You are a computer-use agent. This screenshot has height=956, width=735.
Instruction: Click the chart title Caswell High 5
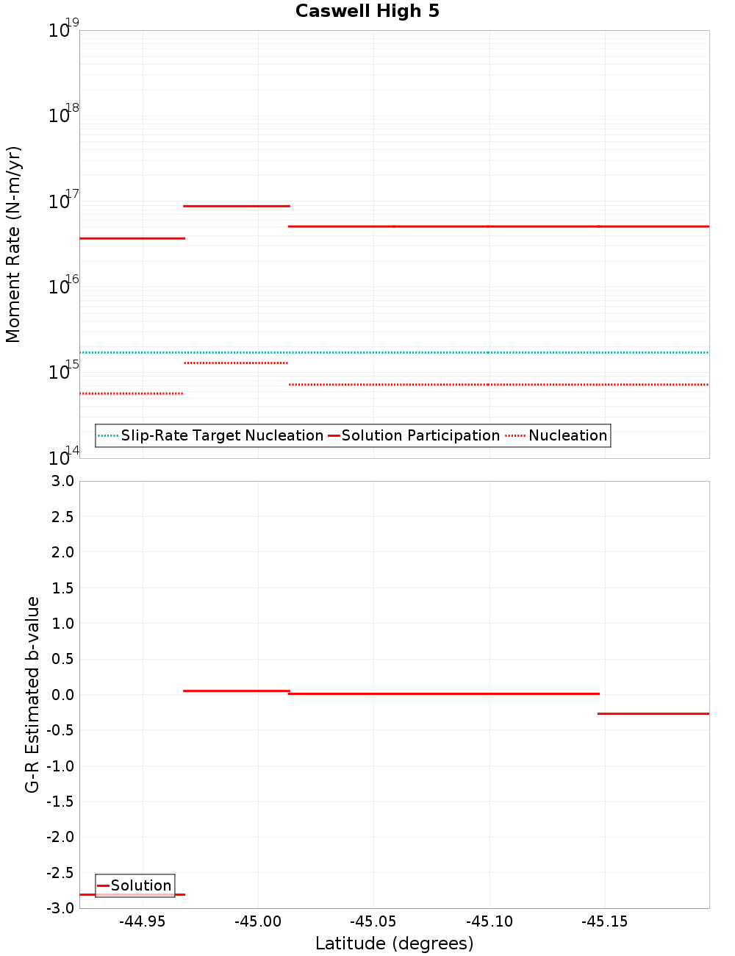coord(367,11)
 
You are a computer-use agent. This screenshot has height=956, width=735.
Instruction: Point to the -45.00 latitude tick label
coord(259,921)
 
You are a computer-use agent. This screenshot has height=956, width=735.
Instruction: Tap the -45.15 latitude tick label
coord(605,921)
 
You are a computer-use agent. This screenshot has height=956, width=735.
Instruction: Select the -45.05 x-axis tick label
coord(373,921)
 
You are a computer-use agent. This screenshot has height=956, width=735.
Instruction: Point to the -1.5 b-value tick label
coord(61,802)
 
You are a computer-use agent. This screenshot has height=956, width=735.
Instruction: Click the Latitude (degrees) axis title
coord(394,943)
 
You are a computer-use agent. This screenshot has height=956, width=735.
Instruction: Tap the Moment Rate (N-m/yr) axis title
coord(14,244)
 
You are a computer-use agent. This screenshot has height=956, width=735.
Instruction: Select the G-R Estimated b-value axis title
coord(32,694)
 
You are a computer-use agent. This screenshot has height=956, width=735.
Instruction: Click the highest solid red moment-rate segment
coord(236,206)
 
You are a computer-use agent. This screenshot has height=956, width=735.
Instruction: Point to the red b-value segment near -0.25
coord(653,713)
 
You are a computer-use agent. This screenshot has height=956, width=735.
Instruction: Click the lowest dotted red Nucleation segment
coord(132,393)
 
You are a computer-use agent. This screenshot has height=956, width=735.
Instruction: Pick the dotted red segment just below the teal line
coord(236,363)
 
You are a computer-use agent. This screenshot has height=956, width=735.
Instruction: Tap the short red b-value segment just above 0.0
coord(236,691)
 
